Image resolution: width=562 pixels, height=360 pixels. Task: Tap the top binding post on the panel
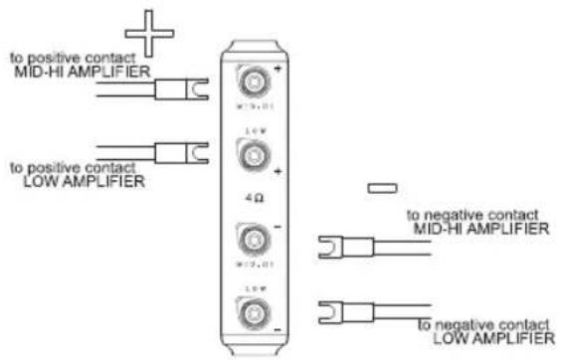250,80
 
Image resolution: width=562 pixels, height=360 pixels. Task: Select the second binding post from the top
250,155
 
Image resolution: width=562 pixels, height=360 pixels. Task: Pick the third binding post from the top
250,241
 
